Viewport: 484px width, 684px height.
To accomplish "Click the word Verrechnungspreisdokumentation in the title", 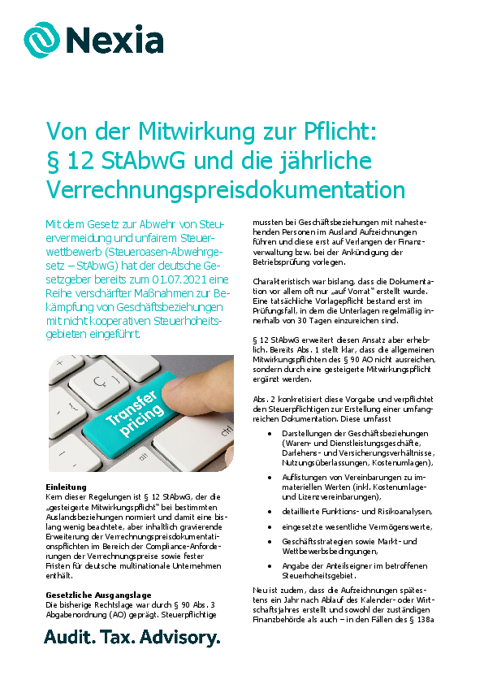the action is (x=225, y=189).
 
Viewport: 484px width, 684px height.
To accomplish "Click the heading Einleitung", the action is (x=60, y=485).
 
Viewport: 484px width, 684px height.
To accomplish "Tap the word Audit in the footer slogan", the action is (x=68, y=638).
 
